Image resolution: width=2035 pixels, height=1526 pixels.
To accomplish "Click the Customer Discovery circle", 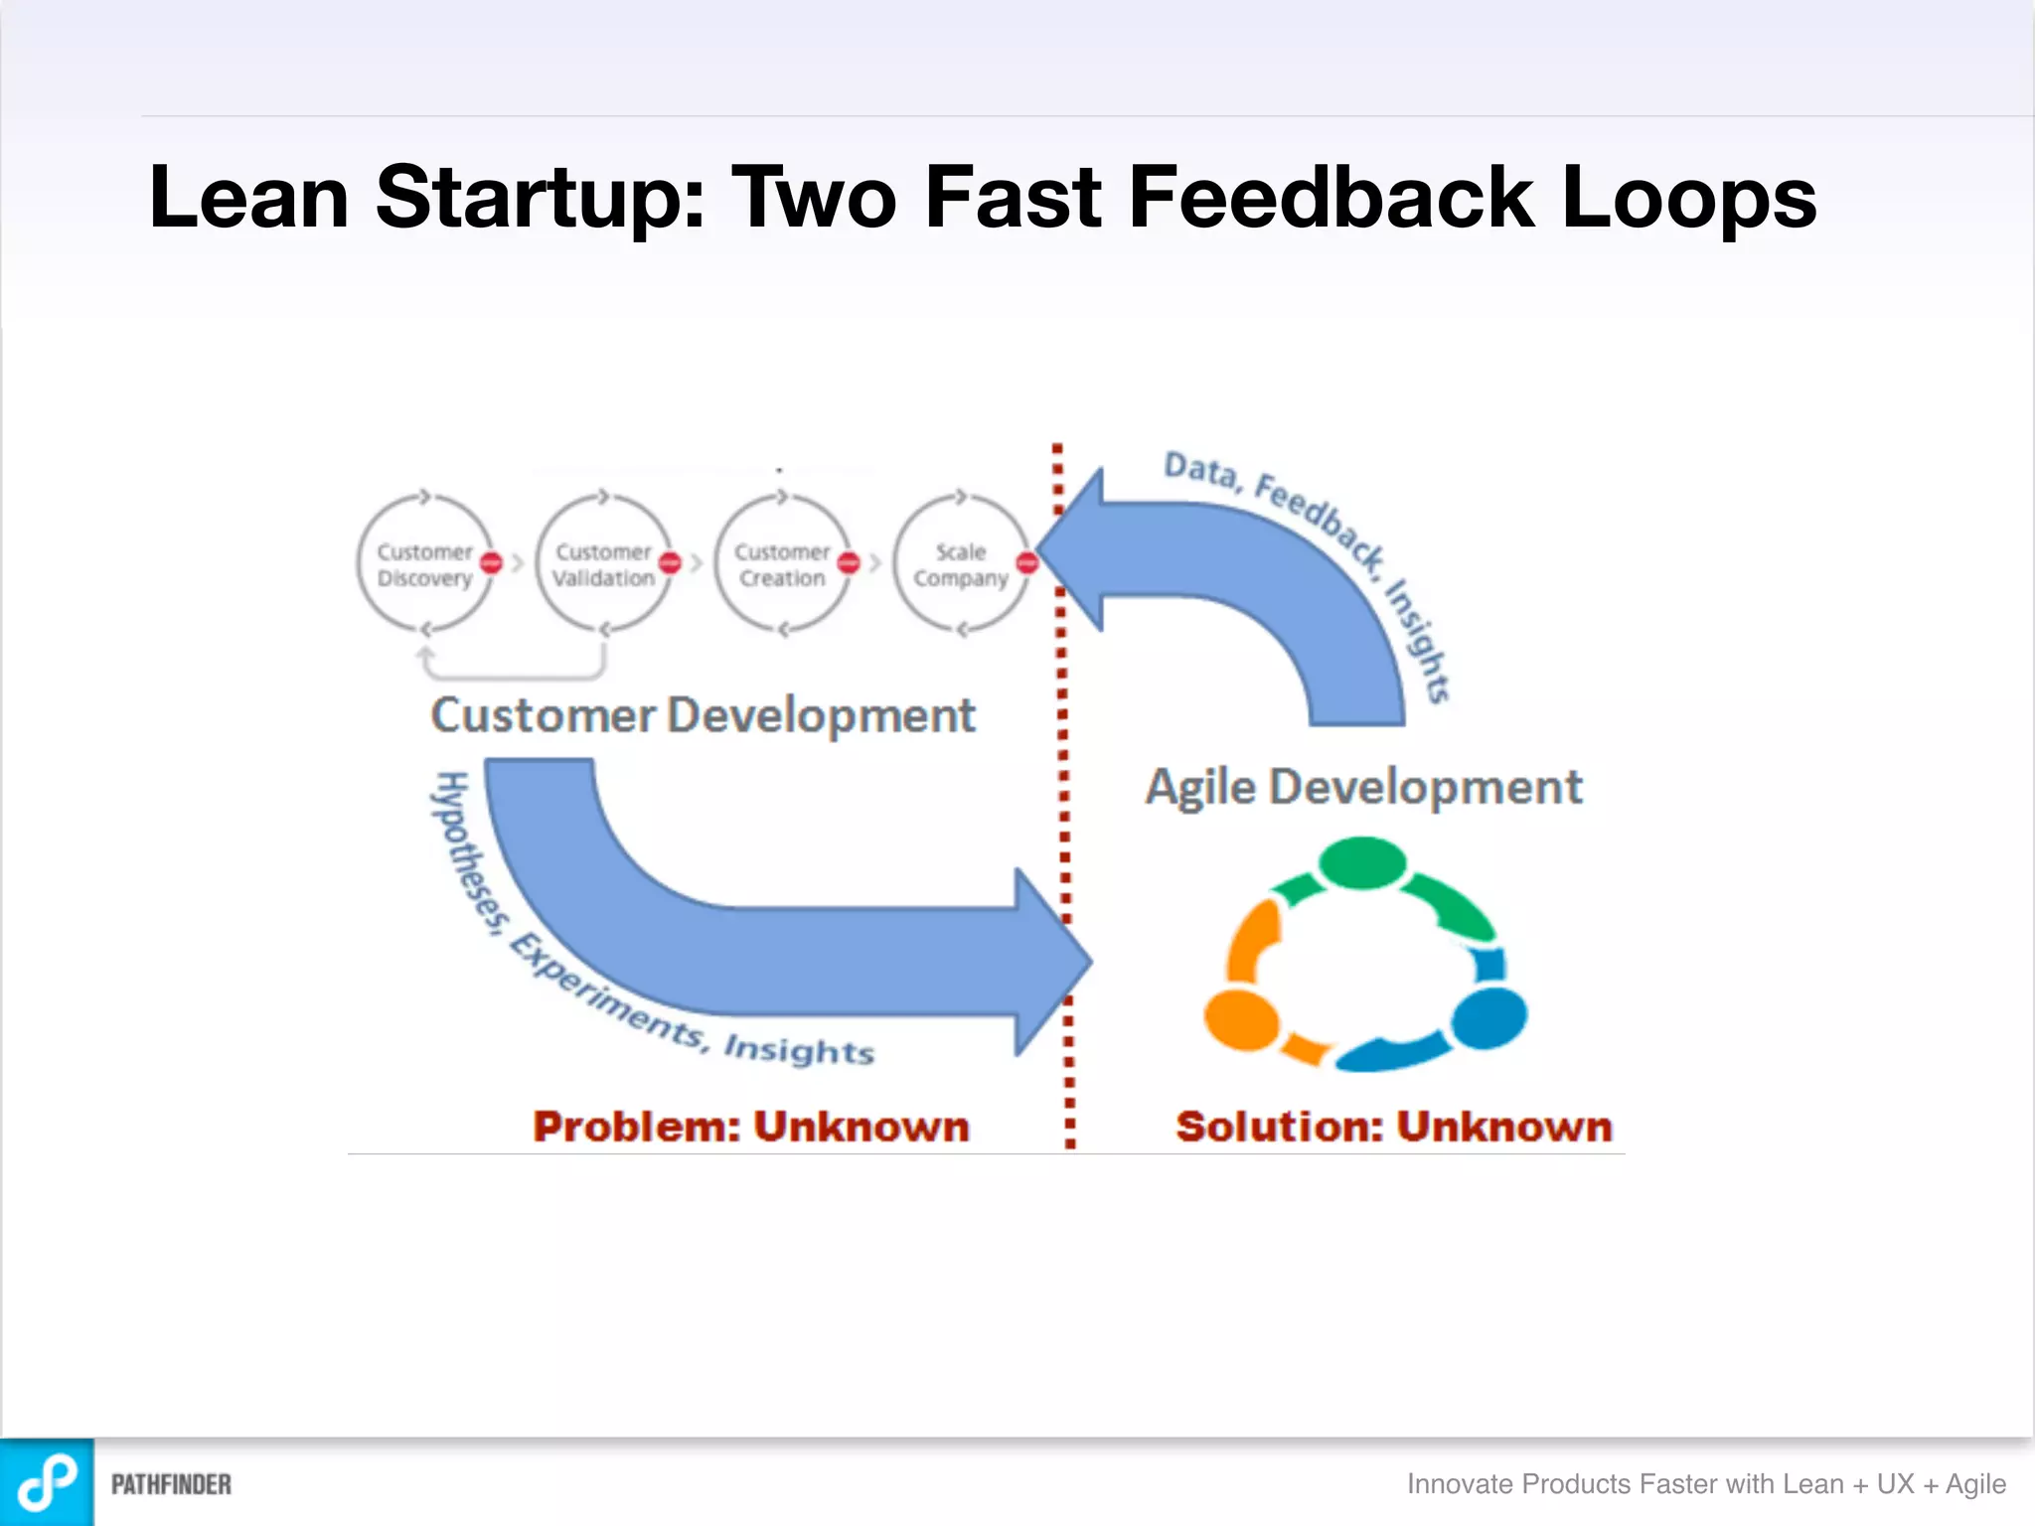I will [x=425, y=564].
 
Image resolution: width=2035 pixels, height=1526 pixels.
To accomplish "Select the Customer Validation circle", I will [x=603, y=564].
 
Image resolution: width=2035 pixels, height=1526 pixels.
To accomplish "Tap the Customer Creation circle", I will [x=782, y=564].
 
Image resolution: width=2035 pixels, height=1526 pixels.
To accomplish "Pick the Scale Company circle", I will [x=960, y=564].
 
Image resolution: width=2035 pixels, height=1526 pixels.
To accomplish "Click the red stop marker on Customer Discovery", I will [x=491, y=563].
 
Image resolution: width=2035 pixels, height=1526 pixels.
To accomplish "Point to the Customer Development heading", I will [x=703, y=715].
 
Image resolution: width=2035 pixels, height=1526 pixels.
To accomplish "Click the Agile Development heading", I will [x=1363, y=787].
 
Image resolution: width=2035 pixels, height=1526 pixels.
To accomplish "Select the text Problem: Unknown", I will [x=750, y=1127].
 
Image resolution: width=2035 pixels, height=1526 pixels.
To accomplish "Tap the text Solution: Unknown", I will [x=1393, y=1127].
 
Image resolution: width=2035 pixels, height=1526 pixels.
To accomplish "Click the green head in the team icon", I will [x=1362, y=862].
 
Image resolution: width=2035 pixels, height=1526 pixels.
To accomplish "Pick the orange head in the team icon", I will [x=1241, y=1019].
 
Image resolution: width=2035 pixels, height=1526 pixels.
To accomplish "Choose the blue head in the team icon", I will [x=1488, y=1017].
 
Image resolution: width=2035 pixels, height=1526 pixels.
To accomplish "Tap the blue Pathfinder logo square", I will [x=47, y=1482].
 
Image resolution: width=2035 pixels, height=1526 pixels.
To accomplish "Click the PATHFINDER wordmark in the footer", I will [x=171, y=1484].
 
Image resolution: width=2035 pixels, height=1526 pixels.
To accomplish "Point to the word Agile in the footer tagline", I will [x=1975, y=1483].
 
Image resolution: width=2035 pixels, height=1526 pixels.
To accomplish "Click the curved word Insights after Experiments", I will [x=799, y=1049].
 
